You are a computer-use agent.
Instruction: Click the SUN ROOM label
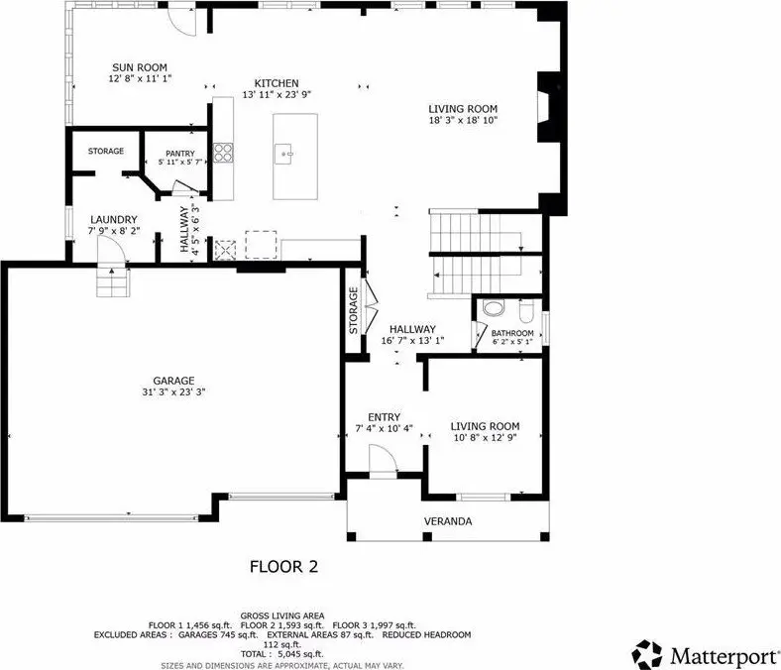tap(140, 67)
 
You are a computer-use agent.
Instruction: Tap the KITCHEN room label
tap(277, 83)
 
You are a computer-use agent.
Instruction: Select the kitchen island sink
tap(283, 154)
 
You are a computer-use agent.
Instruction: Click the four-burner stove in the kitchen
tap(223, 153)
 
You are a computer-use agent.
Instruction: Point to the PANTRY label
tap(179, 154)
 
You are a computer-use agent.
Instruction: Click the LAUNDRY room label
tap(114, 220)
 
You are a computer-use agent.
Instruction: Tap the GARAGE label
tap(173, 381)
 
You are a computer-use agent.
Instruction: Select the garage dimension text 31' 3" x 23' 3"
tap(173, 392)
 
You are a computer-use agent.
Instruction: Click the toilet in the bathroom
tap(526, 312)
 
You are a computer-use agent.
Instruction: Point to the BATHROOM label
tap(512, 333)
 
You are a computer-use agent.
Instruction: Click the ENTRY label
tap(384, 417)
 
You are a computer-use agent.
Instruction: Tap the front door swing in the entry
tap(383, 458)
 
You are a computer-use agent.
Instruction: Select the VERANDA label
tap(448, 521)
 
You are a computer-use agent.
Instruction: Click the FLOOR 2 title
tap(283, 566)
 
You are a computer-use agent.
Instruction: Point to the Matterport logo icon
tap(647, 654)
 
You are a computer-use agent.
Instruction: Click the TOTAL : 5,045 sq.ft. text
tap(281, 654)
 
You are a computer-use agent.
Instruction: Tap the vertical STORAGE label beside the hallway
tap(353, 310)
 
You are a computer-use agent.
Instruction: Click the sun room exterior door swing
tap(181, 22)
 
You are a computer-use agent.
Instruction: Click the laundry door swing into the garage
tap(111, 249)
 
